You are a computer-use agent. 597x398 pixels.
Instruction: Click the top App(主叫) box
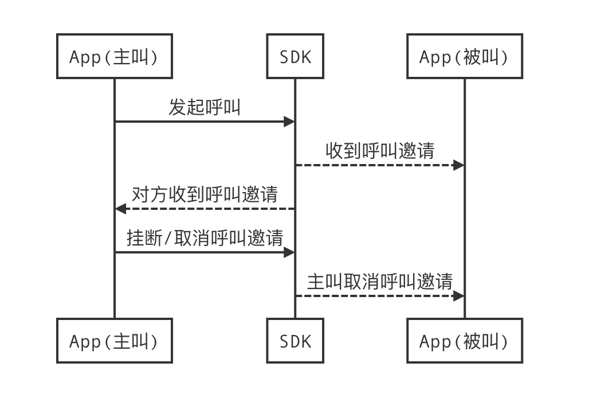pyautogui.click(x=114, y=56)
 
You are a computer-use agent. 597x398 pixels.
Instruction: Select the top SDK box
pyautogui.click(x=295, y=56)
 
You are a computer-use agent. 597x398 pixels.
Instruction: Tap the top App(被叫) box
pyautogui.click(x=464, y=56)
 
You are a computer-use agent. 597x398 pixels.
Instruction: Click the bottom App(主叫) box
pyautogui.click(x=114, y=341)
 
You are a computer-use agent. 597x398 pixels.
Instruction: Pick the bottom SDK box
pyautogui.click(x=295, y=341)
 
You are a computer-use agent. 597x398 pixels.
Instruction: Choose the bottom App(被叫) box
pyautogui.click(x=464, y=341)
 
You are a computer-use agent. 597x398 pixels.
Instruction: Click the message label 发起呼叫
pyautogui.click(x=205, y=107)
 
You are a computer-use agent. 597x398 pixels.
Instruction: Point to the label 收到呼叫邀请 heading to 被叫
pyautogui.click(x=380, y=151)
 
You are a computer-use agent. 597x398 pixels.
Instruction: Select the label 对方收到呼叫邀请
pyautogui.click(x=205, y=194)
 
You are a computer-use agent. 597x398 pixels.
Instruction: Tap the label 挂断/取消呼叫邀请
pyautogui.click(x=205, y=238)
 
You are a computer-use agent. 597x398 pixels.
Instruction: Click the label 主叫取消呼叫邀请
pyautogui.click(x=380, y=282)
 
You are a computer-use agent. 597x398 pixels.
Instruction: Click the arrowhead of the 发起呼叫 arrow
pyautogui.click(x=289, y=122)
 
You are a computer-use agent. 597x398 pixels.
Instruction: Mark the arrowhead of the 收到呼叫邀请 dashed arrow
pyautogui.click(x=458, y=165)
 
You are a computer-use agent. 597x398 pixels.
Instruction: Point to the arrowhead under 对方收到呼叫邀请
pyautogui.click(x=120, y=209)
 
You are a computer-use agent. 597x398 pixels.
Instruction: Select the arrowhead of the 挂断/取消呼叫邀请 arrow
pyautogui.click(x=289, y=252)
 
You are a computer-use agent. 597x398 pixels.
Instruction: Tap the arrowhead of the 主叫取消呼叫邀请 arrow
pyautogui.click(x=458, y=296)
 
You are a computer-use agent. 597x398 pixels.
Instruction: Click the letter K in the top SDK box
pyautogui.click(x=307, y=57)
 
